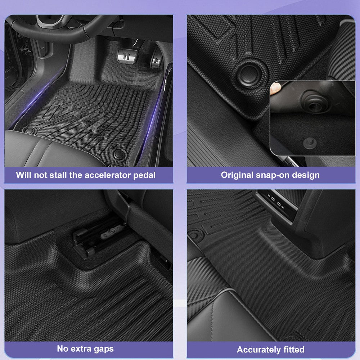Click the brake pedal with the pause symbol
pyautogui.click(x=127, y=56)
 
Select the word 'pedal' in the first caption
pyautogui.click(x=144, y=175)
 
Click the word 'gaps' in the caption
pyautogui.click(x=104, y=349)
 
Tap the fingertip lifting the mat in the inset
pyautogui.click(x=275, y=89)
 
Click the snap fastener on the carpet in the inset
pyautogui.click(x=310, y=143)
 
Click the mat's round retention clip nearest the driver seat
pyautogui.click(x=30, y=131)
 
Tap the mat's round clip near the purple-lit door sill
pyautogui.click(x=120, y=154)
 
